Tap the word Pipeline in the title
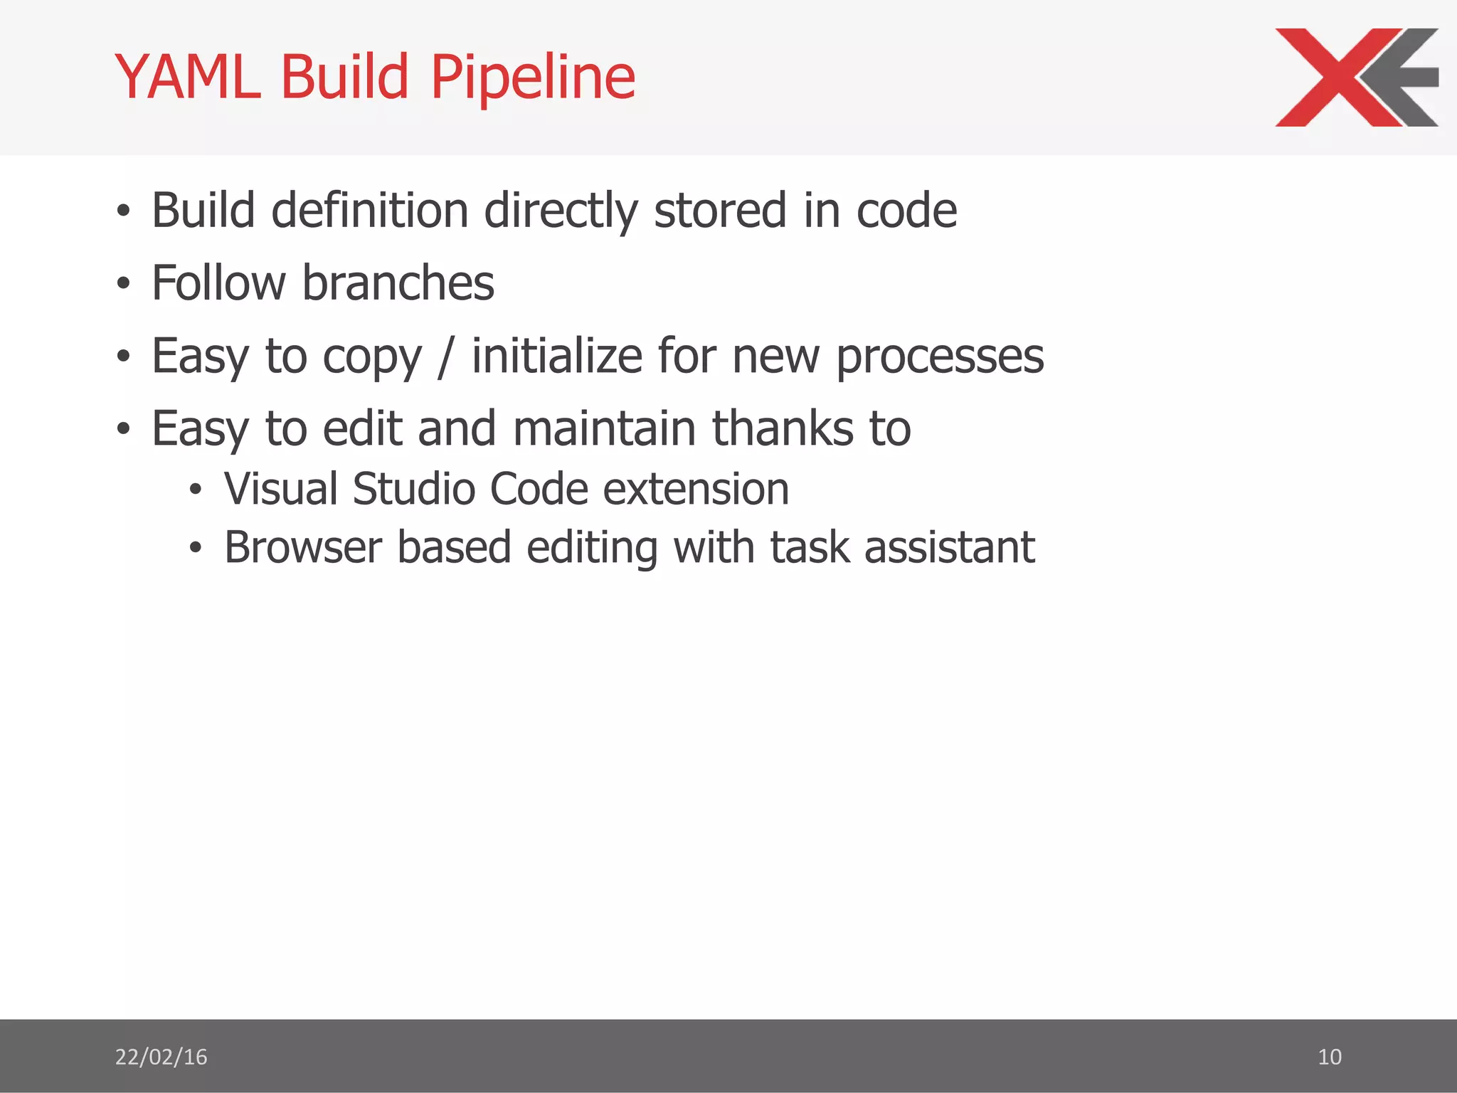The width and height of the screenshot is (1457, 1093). pyautogui.click(x=533, y=78)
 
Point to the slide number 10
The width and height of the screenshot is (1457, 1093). pyautogui.click(x=1329, y=1057)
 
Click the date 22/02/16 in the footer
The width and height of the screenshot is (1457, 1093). pyautogui.click(x=161, y=1057)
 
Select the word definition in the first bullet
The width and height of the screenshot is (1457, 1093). pyautogui.click(x=369, y=211)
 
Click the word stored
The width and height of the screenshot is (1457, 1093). pyautogui.click(x=720, y=211)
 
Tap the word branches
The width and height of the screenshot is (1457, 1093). pyautogui.click(x=398, y=283)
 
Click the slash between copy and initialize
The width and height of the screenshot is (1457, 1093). pyautogui.click(x=446, y=357)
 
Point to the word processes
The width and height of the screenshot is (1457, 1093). pyautogui.click(x=939, y=357)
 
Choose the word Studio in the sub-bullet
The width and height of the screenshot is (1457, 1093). pyautogui.click(x=413, y=490)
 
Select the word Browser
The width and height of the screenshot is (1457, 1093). pyautogui.click(x=303, y=547)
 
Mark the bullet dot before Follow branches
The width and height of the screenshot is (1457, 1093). pyautogui.click(x=124, y=284)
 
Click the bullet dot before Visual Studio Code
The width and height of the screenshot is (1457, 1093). pyautogui.click(x=196, y=490)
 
